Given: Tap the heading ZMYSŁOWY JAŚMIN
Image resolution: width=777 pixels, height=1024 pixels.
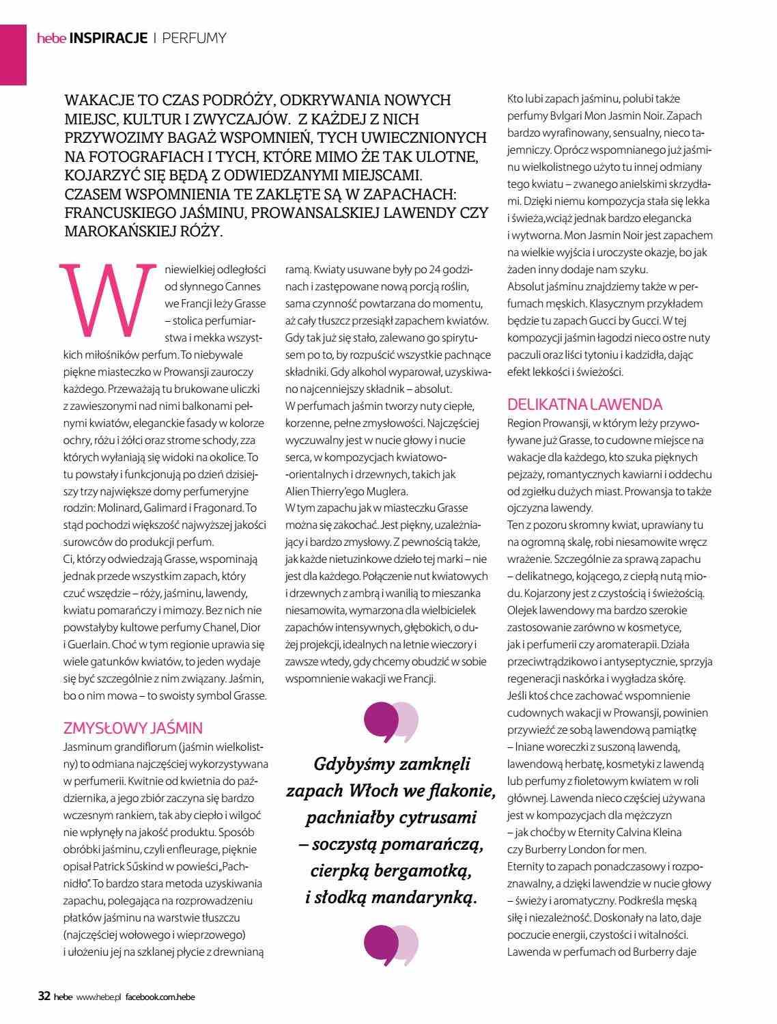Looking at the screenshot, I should pyautogui.click(x=132, y=726).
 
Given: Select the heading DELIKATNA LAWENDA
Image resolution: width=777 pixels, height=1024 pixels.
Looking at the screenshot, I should pyautogui.click(x=584, y=404).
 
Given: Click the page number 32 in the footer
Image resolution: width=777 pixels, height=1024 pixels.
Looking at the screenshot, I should pyautogui.click(x=43, y=997).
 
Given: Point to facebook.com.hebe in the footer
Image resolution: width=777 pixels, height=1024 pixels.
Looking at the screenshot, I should pyautogui.click(x=160, y=997).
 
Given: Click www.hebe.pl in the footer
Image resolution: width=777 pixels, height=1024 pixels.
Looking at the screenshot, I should pyautogui.click(x=98, y=997).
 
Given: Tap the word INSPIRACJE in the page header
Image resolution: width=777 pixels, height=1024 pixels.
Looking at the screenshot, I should pyautogui.click(x=109, y=38).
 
